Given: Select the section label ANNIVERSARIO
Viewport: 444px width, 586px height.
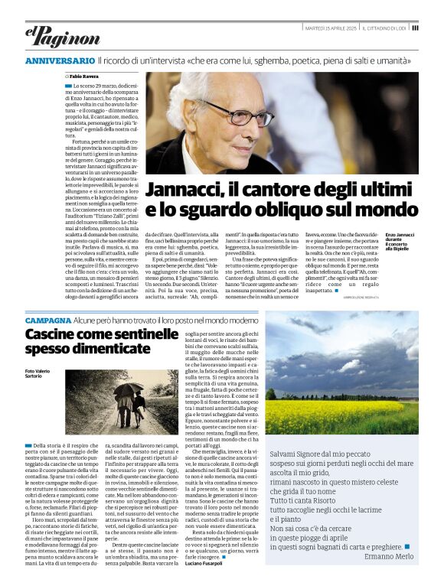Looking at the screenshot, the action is coord(59,60).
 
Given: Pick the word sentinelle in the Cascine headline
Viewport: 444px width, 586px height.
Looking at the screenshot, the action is coord(141,334).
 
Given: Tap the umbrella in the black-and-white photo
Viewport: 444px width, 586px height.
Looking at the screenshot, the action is coord(128,390).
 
